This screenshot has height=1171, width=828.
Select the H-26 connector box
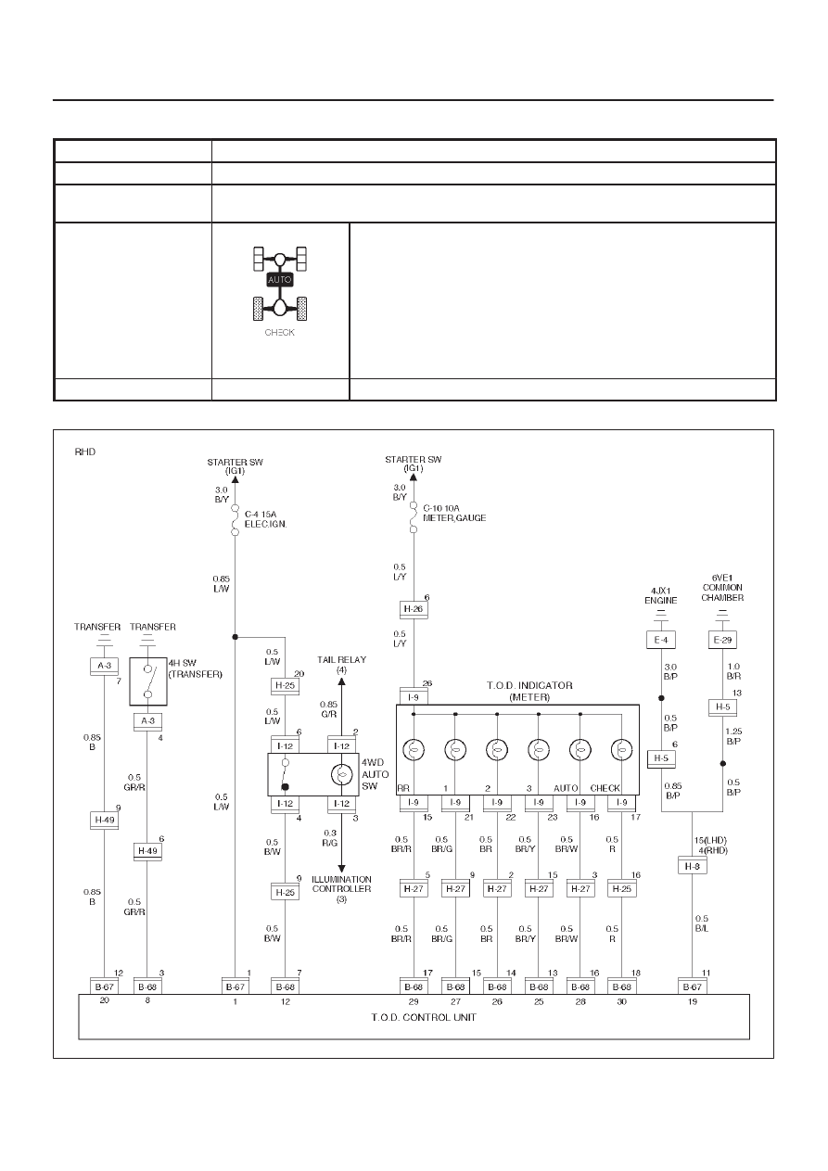click(414, 609)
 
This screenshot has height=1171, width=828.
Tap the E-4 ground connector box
click(661, 640)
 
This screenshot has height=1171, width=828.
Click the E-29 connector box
click(722, 640)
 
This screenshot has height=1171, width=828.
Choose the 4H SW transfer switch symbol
click(148, 681)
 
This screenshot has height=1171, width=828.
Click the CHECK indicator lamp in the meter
click(621, 750)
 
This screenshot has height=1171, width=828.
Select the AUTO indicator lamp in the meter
click(580, 750)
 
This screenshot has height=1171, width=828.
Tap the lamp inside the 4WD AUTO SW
click(341, 774)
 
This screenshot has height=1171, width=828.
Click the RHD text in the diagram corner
click(85, 452)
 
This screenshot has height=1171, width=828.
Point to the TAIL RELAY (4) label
click(341, 665)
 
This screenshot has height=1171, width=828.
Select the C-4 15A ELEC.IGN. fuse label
click(265, 519)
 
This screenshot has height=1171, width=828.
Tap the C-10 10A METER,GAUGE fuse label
click(454, 513)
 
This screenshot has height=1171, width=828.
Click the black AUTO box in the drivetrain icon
click(280, 280)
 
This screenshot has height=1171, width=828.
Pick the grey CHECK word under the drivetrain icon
click(280, 333)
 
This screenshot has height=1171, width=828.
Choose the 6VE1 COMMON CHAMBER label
click(722, 588)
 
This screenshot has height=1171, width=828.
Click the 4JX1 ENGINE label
click(661, 595)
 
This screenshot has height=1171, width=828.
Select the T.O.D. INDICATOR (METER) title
click(529, 691)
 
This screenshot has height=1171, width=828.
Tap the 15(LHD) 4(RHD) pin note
click(710, 846)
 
